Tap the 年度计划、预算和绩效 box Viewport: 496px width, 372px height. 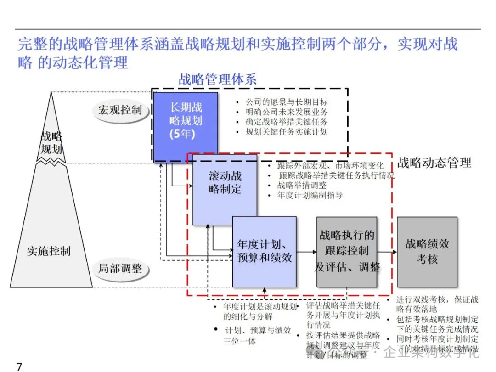(x=264, y=251)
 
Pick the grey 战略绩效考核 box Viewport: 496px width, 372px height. (x=427, y=251)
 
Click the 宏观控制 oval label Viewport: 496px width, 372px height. (x=120, y=110)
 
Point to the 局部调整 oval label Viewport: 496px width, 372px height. (x=120, y=268)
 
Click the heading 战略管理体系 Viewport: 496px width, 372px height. (x=217, y=79)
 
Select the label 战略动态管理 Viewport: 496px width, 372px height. (x=434, y=163)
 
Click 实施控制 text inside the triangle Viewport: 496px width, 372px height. (x=48, y=251)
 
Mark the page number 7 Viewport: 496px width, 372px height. (x=19, y=366)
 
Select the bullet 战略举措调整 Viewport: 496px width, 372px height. (x=301, y=185)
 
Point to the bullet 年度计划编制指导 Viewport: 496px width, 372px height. (x=310, y=195)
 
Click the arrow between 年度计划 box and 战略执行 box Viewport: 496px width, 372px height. (x=306, y=252)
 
